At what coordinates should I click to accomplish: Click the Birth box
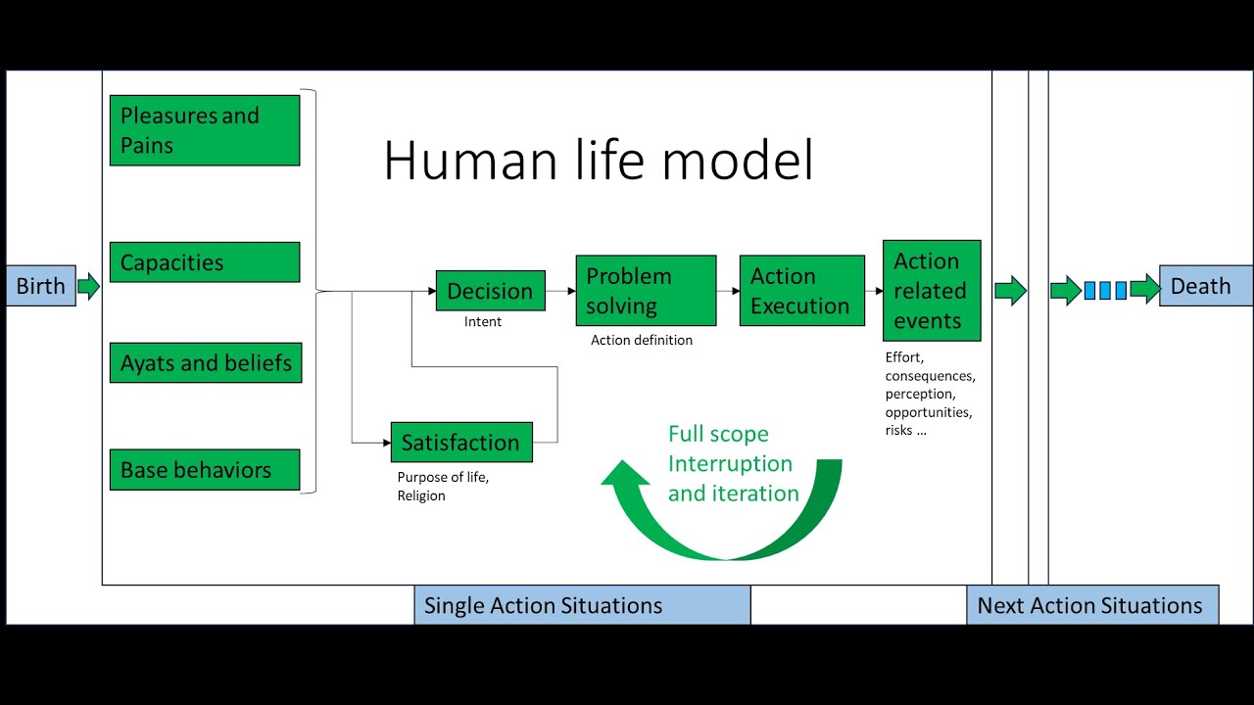[40, 286]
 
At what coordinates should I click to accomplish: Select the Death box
[1205, 286]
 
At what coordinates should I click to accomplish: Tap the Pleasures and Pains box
[205, 130]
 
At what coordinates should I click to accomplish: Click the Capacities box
[205, 262]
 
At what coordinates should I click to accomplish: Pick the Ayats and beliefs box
[205, 363]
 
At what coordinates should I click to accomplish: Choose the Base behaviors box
[205, 470]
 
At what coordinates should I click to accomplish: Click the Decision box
[490, 291]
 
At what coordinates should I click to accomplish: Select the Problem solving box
[646, 291]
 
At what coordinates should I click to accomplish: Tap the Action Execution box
[801, 291]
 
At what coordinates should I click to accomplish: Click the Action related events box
[931, 291]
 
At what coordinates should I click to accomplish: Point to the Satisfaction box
[460, 443]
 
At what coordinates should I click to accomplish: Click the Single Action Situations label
[582, 605]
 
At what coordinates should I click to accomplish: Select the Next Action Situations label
[1092, 605]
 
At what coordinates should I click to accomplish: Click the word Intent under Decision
[483, 322]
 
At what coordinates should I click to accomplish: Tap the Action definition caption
[642, 341]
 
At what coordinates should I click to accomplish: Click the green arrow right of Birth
[88, 286]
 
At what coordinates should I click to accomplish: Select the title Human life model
[598, 161]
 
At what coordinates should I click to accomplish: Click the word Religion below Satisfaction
[421, 495]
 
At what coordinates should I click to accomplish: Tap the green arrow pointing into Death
[1144, 289]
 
